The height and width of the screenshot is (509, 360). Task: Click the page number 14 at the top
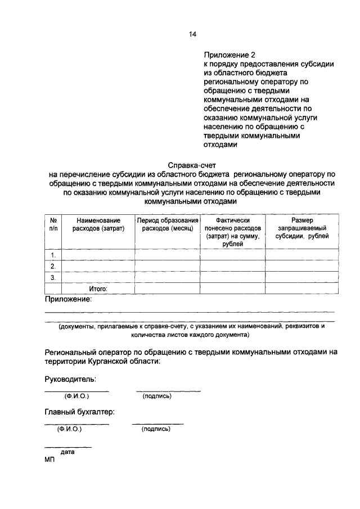192,34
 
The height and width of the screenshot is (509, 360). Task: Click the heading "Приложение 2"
229,55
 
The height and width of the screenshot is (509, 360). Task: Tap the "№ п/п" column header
53,224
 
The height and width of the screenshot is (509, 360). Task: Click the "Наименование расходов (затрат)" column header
98,224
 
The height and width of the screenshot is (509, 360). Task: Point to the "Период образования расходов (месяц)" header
168,224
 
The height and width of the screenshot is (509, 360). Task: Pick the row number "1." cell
53,255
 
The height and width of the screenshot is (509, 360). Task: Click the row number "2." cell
53,266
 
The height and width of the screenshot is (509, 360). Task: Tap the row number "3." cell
53,277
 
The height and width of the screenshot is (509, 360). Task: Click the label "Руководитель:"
70,379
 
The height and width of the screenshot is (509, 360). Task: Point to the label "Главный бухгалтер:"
79,412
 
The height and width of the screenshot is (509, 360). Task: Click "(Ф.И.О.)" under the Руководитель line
76,396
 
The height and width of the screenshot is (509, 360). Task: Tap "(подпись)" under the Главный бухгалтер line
156,429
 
